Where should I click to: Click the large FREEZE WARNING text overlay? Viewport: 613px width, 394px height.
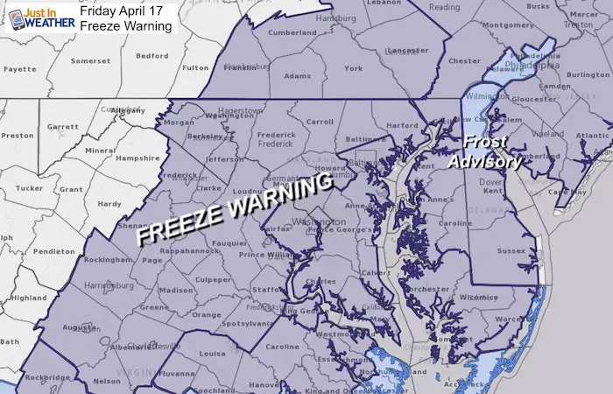coord(235,209)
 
